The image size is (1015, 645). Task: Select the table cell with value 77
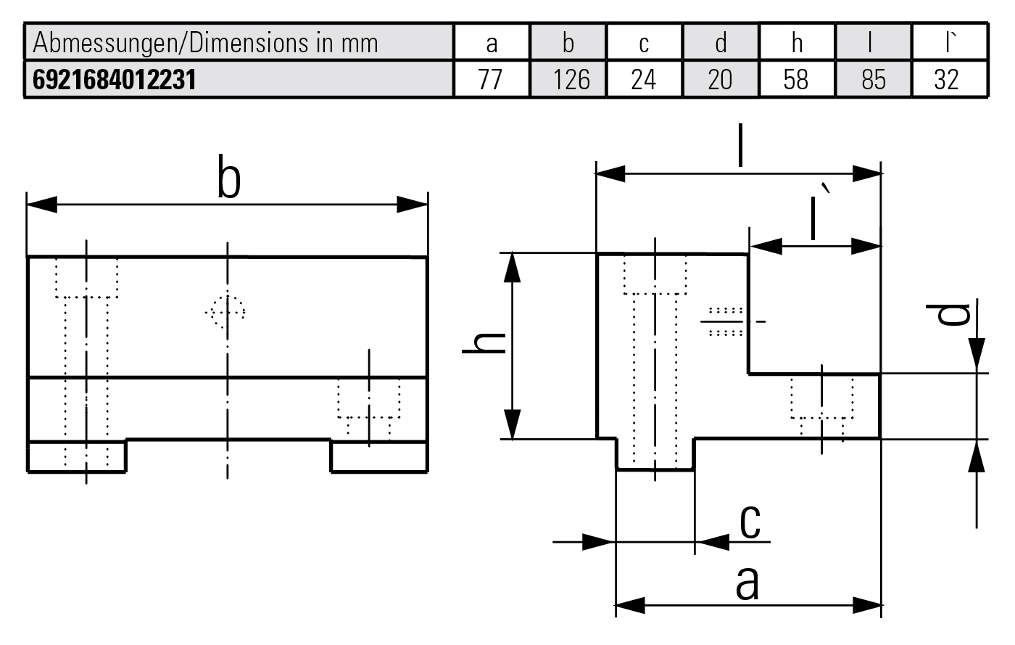tap(491, 79)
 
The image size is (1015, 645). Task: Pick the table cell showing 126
tap(571, 79)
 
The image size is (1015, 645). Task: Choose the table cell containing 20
tap(720, 79)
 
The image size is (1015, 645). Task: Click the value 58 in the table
tap(796, 79)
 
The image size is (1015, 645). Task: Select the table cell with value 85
tap(874, 79)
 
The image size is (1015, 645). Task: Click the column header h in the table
tap(796, 43)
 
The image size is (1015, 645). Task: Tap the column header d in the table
tap(720, 43)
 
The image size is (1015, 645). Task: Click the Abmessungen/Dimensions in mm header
tap(206, 43)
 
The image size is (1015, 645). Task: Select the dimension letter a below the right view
tap(747, 583)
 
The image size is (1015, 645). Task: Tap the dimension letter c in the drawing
tap(750, 521)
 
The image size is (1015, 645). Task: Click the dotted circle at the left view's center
tap(226, 313)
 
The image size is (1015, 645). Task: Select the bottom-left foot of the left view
tap(77, 456)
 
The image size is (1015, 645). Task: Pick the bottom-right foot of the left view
tap(378, 456)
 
